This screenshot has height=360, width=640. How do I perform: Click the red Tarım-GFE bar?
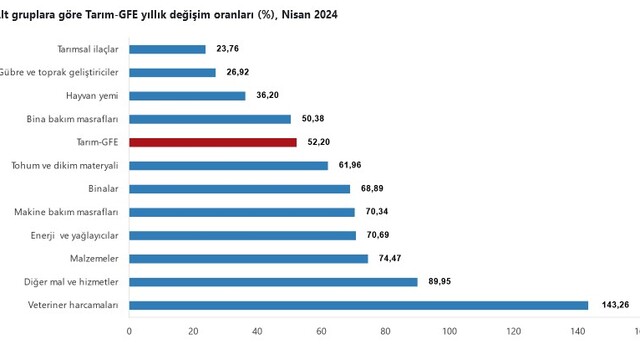coord(213,142)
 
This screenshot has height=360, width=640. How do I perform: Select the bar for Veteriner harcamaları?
coord(359,305)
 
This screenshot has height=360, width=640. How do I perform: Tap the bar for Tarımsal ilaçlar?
coord(167,49)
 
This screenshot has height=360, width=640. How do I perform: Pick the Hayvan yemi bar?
coord(187,96)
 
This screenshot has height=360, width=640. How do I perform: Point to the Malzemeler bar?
coord(249,259)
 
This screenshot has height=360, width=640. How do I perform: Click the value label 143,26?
coord(615,304)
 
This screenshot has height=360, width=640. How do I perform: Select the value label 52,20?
coord(318,142)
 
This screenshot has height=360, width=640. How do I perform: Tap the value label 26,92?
coord(238,72)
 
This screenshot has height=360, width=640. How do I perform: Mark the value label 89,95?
coord(439,281)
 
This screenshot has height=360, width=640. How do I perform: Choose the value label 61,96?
coord(350,165)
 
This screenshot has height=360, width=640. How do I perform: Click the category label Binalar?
coord(103,189)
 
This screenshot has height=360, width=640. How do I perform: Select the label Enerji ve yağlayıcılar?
coord(74,236)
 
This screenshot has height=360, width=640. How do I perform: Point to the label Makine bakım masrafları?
coord(66,212)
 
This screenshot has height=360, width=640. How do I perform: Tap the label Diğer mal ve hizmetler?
coord(71,282)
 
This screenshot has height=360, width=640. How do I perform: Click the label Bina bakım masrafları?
coord(72,119)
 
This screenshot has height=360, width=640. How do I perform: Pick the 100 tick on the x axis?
coord(449,331)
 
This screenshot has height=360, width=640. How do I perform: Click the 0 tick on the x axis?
coord(129,331)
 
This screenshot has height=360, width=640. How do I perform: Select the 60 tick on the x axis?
coord(321,331)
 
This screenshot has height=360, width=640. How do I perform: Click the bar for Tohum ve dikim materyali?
coord(229,166)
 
